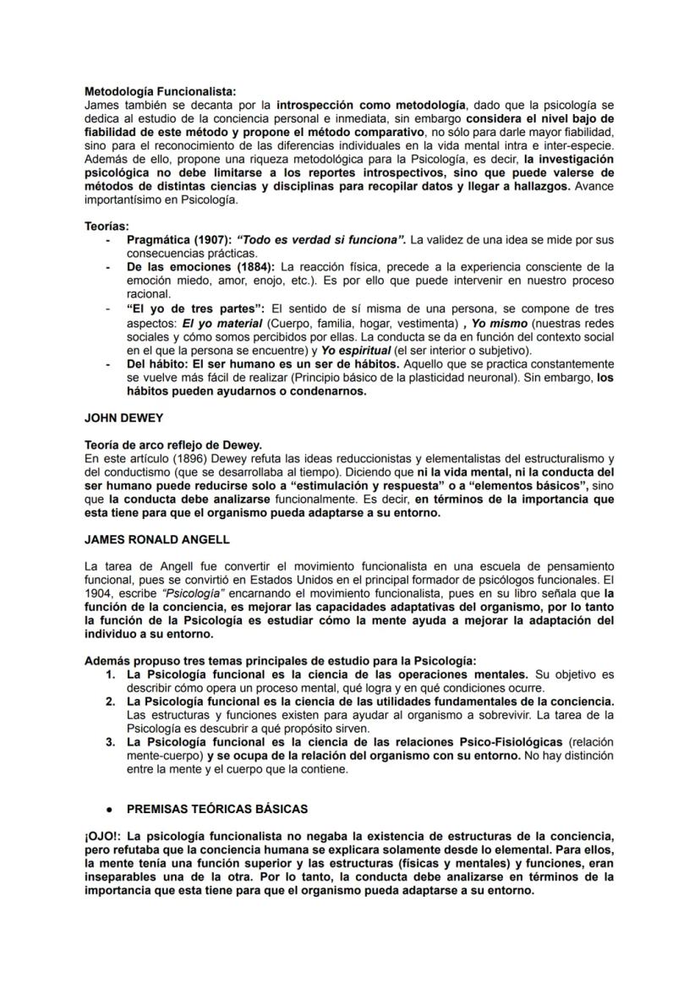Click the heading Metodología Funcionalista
coord(161,91)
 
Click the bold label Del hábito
coord(152,363)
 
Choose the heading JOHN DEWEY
coord(123,418)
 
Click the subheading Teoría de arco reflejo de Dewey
coord(173,445)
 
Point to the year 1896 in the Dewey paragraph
coord(180,458)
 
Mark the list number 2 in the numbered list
coord(110,701)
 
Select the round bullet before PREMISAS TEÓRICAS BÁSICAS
coord(110,809)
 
